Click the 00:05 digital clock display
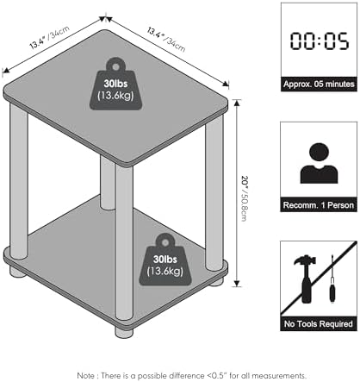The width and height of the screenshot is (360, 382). pos(320,41)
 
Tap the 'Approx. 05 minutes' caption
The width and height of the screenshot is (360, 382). pos(319,85)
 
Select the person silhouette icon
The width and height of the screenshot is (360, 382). pos(319,163)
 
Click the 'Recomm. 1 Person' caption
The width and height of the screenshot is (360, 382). pos(319,205)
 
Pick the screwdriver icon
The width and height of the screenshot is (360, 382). pos(332,279)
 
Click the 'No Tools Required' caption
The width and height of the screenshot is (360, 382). pos(319,324)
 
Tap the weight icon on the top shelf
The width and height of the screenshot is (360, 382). pos(115,84)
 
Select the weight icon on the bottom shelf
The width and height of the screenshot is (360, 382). pos(165,260)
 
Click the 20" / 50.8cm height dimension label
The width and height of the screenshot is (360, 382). pos(245,198)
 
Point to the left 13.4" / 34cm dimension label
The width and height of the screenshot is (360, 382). pos(49,37)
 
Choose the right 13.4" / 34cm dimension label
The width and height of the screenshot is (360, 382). pos(166,39)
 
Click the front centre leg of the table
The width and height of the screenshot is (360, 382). pos(124,241)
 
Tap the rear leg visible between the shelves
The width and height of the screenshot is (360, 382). pos(108,183)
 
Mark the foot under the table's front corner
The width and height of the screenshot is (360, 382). pos(124,332)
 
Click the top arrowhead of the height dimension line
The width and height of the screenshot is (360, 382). pos(237,103)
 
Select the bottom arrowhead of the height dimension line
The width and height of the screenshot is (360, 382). pos(237,284)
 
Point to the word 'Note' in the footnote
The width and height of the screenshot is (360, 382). pos(85,375)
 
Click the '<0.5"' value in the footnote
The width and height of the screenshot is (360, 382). pos(216,375)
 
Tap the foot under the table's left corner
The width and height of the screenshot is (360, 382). pos(18,272)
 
